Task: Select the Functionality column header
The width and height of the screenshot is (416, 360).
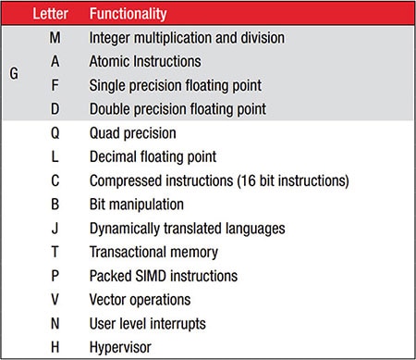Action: [128, 15]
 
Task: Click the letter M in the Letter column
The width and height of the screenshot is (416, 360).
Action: [55, 39]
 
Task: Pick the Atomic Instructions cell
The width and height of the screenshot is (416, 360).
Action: [144, 62]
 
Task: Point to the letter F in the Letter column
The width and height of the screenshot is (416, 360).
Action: [55, 85]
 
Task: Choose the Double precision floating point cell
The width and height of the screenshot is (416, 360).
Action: [177, 109]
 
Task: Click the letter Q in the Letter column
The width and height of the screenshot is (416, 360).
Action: [55, 132]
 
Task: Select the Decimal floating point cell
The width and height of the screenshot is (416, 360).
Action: [153, 156]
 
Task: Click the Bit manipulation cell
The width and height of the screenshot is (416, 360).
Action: [137, 204]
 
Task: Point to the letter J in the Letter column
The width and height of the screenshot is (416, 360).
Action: [55, 228]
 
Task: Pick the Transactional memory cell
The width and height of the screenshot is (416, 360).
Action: [153, 252]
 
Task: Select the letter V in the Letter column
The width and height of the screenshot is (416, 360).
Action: [55, 299]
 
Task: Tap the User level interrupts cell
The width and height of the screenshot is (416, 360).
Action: [148, 323]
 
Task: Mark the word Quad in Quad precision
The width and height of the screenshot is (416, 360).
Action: [106, 132]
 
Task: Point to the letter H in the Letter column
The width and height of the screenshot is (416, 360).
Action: [55, 347]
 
